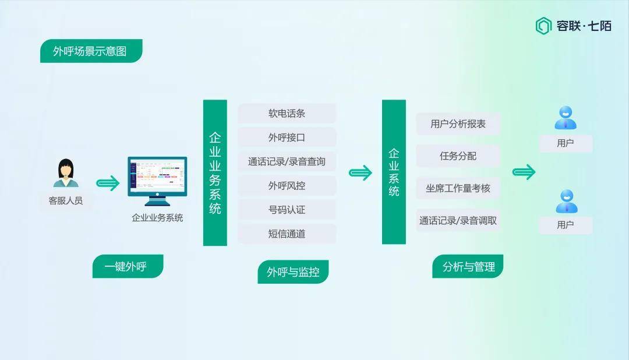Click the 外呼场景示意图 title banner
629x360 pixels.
[x=91, y=51]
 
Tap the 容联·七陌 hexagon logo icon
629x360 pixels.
[x=543, y=26]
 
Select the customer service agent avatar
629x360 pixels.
[x=66, y=173]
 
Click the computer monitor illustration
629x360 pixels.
[x=157, y=181]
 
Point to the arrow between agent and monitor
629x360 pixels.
[x=108, y=183]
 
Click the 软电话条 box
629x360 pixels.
[x=287, y=114]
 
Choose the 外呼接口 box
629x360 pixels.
[x=287, y=137]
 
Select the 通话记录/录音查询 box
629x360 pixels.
[x=287, y=162]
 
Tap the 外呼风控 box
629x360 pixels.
[x=287, y=186]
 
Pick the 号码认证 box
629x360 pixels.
[x=287, y=210]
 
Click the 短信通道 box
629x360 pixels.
[x=287, y=234]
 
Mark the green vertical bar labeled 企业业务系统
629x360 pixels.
[x=215, y=172]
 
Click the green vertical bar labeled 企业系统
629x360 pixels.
[x=394, y=172]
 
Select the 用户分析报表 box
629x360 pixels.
[x=458, y=124]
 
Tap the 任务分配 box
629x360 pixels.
[x=458, y=156]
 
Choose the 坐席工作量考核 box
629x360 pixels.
[x=458, y=188]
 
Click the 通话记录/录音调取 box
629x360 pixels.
[x=458, y=220]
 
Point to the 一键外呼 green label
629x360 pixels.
[x=128, y=266]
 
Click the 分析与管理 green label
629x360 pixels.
[x=468, y=266]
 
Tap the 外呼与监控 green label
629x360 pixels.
[x=293, y=271]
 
